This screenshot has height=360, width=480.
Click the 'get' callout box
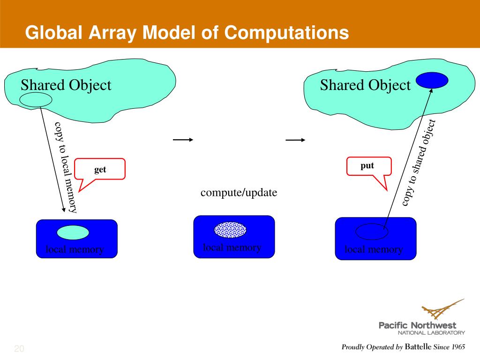(100, 169)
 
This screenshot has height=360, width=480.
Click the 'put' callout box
(367, 166)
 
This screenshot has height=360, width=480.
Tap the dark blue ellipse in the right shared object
(432, 80)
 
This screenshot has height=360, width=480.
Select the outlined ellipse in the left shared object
(36, 99)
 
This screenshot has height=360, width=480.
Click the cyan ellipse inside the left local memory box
(73, 232)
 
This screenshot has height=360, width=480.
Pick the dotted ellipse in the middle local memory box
(230, 229)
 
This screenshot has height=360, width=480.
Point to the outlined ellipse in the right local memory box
(371, 231)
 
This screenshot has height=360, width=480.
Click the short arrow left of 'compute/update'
(183, 140)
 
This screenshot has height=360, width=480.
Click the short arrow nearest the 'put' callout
(296, 140)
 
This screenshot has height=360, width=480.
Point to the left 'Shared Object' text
(66, 85)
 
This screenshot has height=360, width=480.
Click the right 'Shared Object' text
(365, 85)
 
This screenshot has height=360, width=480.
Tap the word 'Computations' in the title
(286, 33)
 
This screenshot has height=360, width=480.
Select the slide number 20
(19, 349)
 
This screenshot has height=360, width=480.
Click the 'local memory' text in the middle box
(232, 247)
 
